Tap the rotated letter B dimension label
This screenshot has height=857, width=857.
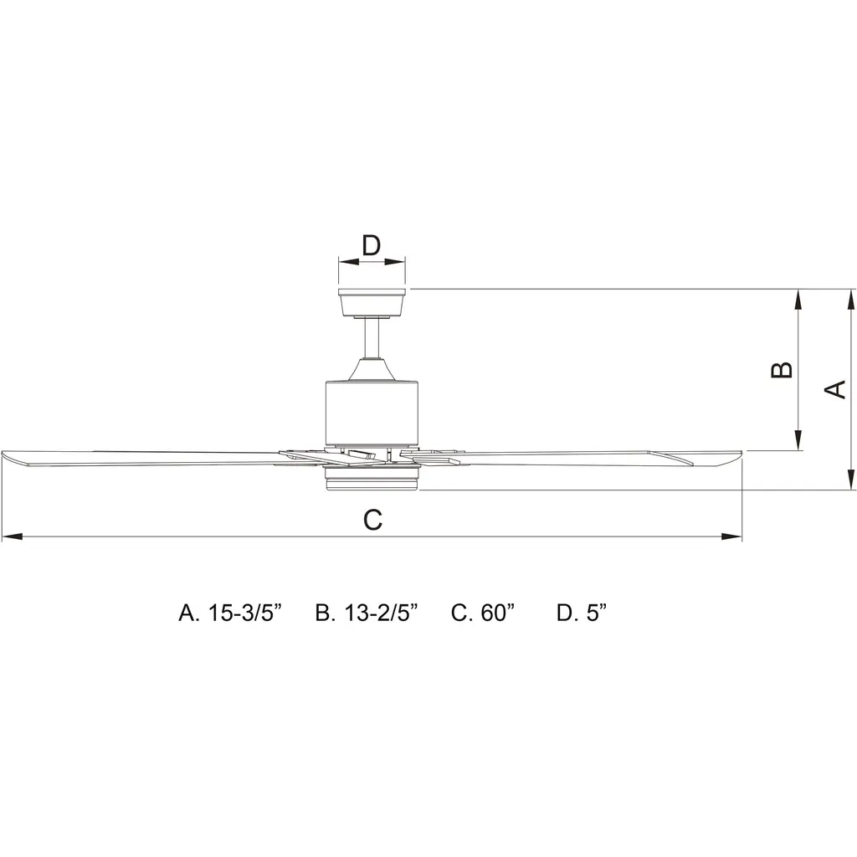pos(782,369)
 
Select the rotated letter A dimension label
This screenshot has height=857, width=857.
pos(834,389)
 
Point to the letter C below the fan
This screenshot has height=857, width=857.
pos(372,520)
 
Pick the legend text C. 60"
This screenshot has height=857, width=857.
pos(483,613)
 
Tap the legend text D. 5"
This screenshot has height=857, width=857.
pos(582,613)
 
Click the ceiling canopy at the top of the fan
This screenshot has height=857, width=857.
pos(372,302)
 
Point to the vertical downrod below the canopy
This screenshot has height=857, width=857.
pos(372,338)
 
